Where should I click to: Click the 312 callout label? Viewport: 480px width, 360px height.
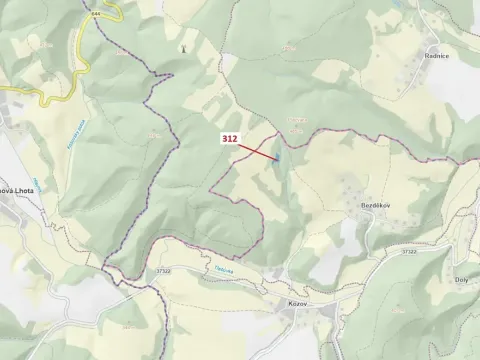(230, 140)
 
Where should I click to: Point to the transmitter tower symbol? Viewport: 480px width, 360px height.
(181, 46)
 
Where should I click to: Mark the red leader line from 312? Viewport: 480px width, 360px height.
(258, 151)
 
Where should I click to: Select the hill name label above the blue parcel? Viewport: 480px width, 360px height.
(297, 120)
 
